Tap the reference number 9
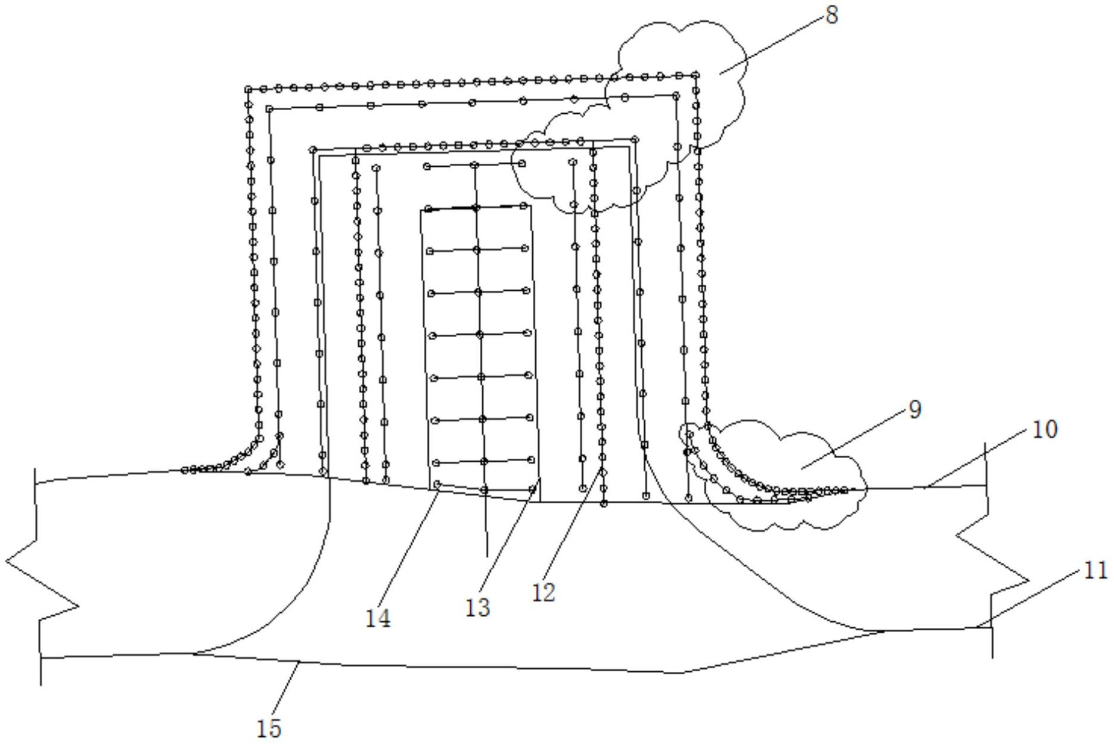[915, 410]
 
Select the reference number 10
[1044, 429]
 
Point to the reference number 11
[1095, 571]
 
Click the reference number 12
[543, 593]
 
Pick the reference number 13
[477, 608]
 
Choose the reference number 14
[378, 619]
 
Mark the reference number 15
[268, 729]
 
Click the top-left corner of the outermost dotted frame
[248, 89]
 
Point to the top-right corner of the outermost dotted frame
[696, 75]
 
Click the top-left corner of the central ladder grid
[427, 209]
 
